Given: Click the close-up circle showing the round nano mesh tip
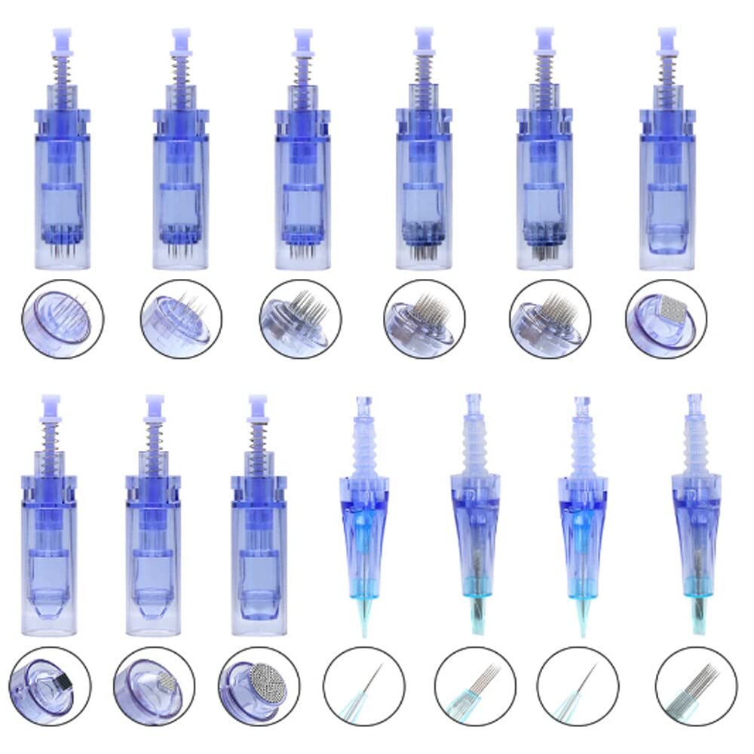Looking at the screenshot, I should (259, 685).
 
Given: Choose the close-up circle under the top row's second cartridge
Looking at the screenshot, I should (180, 317).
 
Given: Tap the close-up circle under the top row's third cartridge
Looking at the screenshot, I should (299, 317).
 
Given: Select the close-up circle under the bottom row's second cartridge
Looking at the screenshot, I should (154, 685).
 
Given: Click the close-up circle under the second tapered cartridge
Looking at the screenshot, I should (475, 685).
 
